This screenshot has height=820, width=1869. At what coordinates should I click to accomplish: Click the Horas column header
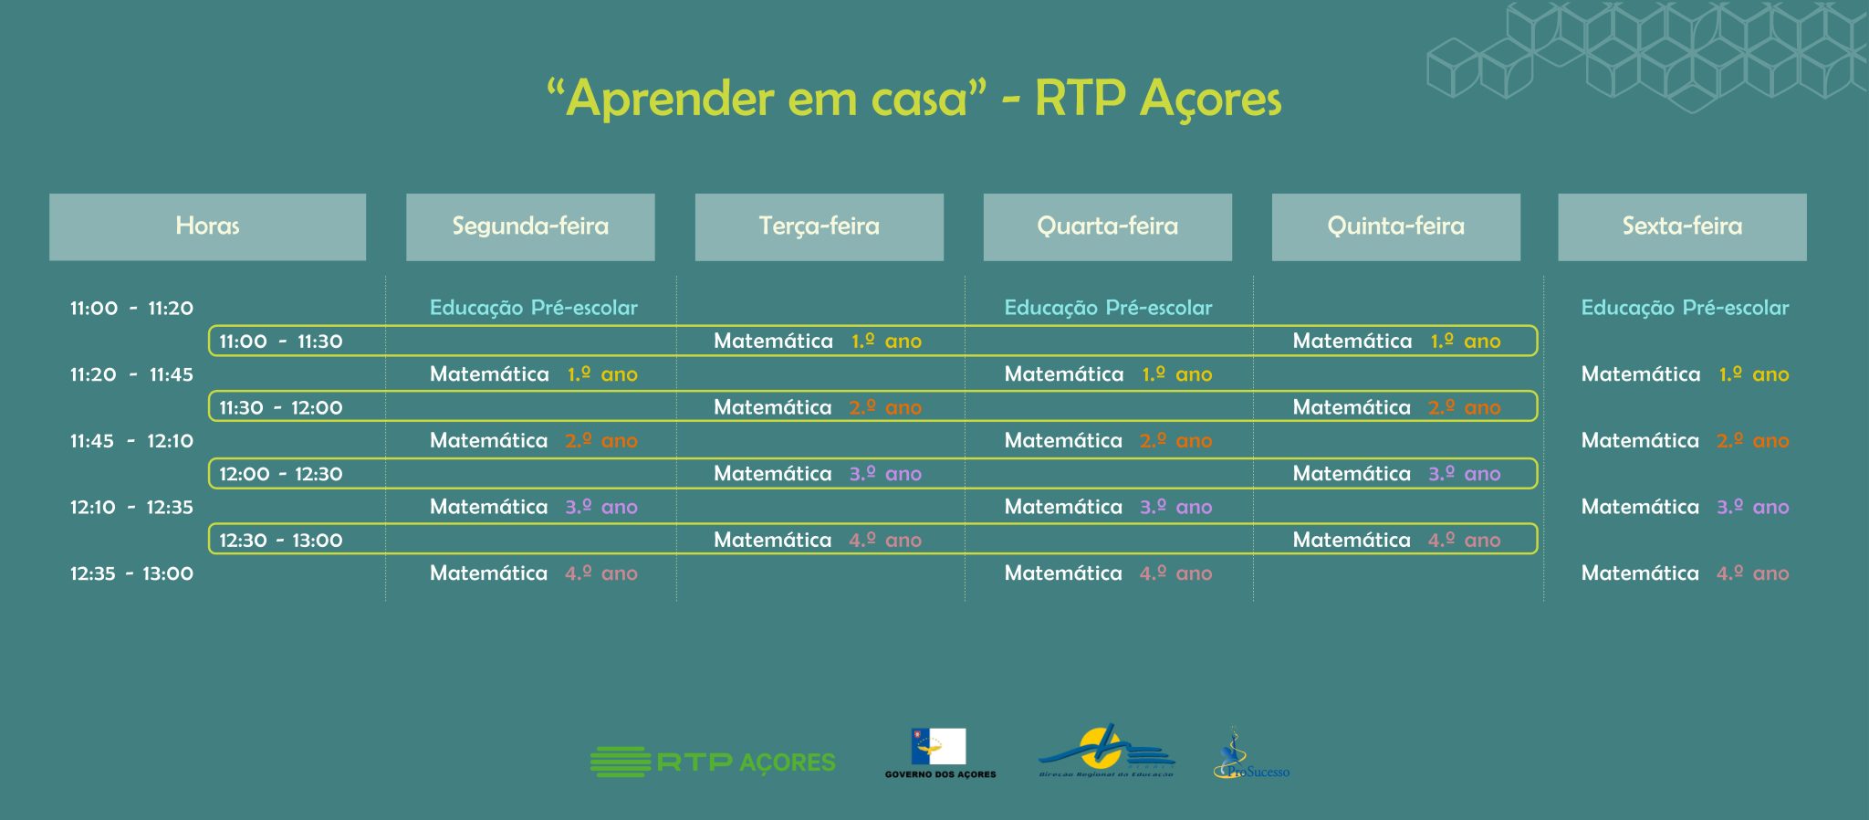click(207, 226)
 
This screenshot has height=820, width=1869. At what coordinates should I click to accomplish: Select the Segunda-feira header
click(530, 226)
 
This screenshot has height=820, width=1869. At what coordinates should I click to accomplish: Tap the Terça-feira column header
click(820, 226)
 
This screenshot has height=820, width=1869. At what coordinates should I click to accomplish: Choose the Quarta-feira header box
click(1108, 226)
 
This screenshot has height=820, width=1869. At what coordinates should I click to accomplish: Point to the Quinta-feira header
click(1396, 226)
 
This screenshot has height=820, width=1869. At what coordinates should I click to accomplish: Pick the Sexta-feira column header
click(1682, 226)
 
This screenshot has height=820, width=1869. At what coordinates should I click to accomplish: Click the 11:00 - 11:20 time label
click(131, 309)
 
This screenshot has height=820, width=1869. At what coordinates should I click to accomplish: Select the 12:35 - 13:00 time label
click(131, 574)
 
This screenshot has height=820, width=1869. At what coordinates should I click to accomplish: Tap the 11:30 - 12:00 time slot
click(281, 408)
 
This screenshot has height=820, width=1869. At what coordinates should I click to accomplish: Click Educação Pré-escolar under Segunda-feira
click(534, 308)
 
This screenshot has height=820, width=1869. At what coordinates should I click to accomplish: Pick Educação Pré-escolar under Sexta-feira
click(1685, 308)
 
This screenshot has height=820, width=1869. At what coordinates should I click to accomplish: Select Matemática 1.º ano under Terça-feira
click(818, 342)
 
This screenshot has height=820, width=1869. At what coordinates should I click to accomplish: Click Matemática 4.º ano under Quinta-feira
click(1396, 541)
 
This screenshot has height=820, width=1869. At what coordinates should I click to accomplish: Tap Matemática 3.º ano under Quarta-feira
click(1108, 508)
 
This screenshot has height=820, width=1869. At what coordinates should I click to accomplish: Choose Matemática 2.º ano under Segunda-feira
click(534, 441)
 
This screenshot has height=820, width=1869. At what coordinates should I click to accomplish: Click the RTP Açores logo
click(713, 762)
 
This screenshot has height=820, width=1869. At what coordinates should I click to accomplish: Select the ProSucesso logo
click(1251, 754)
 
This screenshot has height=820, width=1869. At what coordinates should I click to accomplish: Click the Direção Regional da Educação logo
click(1106, 752)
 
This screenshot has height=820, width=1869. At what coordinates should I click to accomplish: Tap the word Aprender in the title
click(671, 100)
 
